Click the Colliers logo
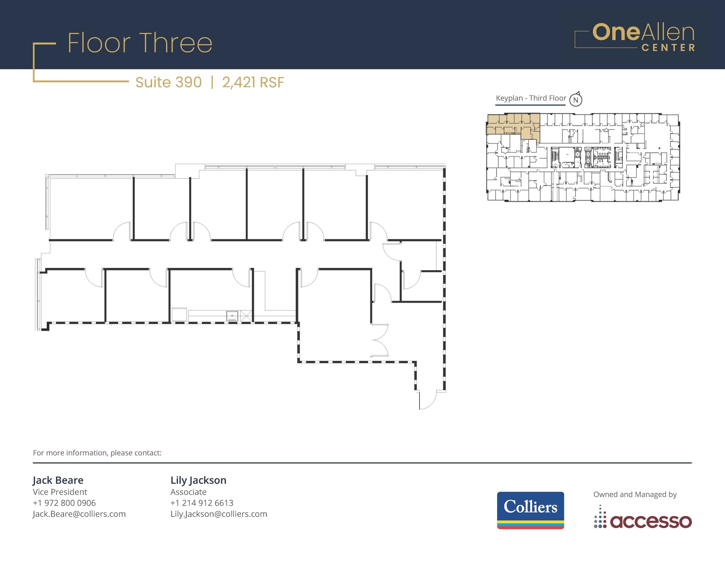pyautogui.click(x=530, y=510)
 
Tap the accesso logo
pyautogui.click(x=643, y=517)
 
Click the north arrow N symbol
pyautogui.click(x=576, y=100)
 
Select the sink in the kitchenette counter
pyautogui.click(x=232, y=315)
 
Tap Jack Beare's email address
pyautogui.click(x=79, y=514)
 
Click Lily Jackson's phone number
pyautogui.click(x=202, y=503)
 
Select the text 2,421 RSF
pyautogui.click(x=253, y=82)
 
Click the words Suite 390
pyautogui.click(x=169, y=82)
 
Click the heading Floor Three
pyautogui.click(x=140, y=43)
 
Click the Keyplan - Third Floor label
pyautogui.click(x=531, y=98)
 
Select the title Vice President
pyautogui.click(x=60, y=492)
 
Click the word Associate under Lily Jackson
pyautogui.click(x=188, y=492)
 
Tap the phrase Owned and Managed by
pyautogui.click(x=635, y=494)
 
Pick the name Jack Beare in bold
pyautogui.click(x=58, y=480)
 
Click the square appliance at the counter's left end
pyautogui.click(x=179, y=314)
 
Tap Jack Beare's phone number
pyautogui.click(x=64, y=503)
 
